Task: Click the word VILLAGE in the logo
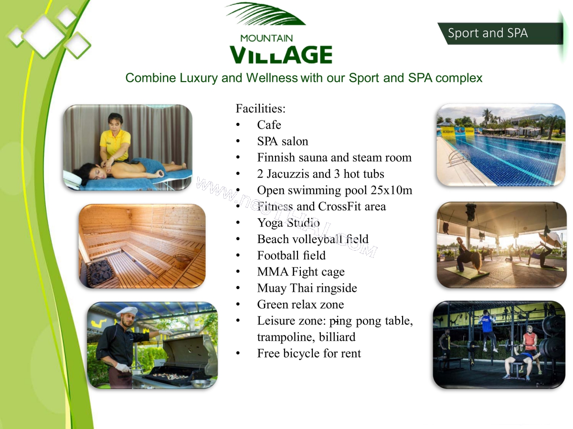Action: (281, 55)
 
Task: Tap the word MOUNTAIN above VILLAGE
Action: (266, 39)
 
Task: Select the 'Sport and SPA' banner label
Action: (488, 33)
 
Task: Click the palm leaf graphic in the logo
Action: (265, 14)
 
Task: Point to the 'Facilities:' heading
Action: (261, 108)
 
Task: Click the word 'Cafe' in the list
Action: (269, 125)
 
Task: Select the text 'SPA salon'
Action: (283, 141)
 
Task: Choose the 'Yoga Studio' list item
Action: (288, 223)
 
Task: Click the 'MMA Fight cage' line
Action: (301, 272)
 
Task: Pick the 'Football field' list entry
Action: (291, 255)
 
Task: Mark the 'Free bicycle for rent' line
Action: (309, 354)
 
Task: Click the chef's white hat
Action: (127, 312)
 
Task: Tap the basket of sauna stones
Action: (100, 272)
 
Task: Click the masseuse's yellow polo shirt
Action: (115, 143)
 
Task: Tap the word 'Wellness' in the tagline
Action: (272, 78)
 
